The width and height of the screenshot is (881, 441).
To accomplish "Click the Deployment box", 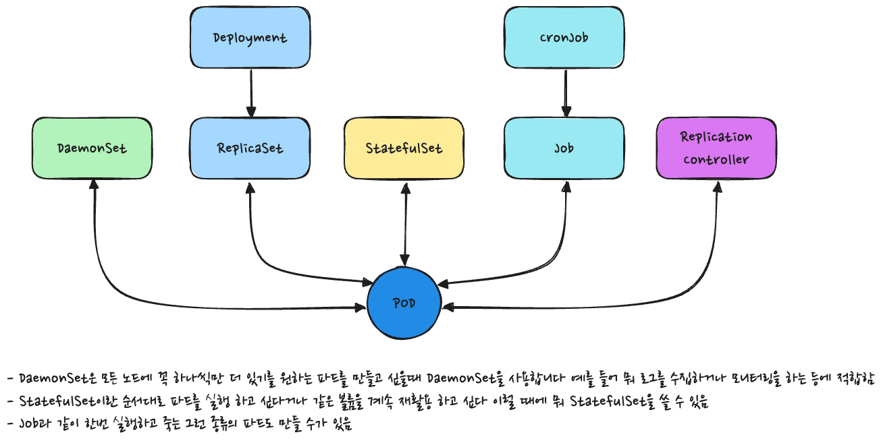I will point(250,37).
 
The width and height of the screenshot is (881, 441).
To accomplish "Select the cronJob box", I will point(564,37).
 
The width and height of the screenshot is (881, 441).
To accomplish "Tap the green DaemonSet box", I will point(92,148).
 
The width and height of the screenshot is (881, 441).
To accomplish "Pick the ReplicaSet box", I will point(250,148).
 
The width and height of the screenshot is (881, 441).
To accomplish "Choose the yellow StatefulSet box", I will point(404,148).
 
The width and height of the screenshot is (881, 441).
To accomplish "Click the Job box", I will point(564,148).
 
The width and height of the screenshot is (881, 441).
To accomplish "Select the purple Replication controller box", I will point(716,148).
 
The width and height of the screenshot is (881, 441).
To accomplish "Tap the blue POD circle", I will point(404,303).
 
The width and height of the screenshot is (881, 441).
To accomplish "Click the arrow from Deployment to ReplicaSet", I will point(250,92).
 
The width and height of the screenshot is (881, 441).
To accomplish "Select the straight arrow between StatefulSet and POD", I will point(404,223).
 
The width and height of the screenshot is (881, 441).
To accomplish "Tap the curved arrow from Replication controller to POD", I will point(695,283).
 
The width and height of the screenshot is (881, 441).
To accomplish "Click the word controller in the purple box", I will point(716,160).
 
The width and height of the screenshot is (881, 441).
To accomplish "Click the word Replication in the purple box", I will point(716,137).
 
